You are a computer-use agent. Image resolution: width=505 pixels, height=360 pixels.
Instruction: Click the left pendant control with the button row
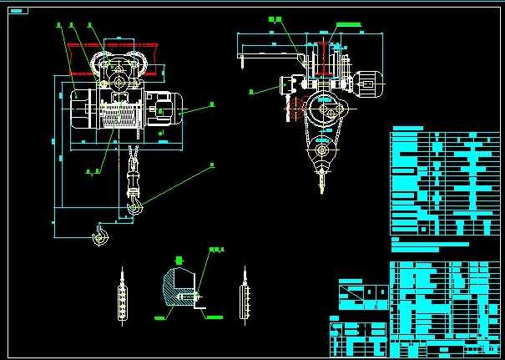[123, 297]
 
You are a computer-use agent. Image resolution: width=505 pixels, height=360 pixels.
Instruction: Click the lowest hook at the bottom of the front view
[99, 237]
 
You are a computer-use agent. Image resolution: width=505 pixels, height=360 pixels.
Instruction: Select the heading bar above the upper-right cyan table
[407, 129]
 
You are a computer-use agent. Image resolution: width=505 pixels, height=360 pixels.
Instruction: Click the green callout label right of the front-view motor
[212, 104]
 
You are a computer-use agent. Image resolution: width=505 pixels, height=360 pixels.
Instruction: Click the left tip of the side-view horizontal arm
[240, 58]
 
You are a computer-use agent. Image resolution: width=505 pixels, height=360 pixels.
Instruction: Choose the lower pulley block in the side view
[321, 152]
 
